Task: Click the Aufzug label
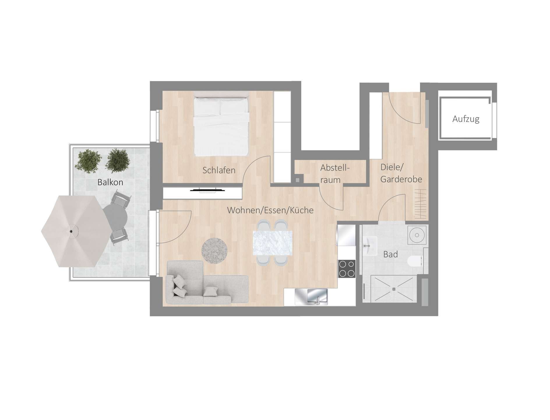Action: click(466, 119)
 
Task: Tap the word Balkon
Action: click(110, 183)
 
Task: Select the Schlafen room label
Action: click(219, 170)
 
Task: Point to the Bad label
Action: click(390, 255)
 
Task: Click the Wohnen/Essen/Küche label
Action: click(270, 210)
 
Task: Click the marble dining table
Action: click(272, 243)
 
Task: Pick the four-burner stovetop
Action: click(347, 268)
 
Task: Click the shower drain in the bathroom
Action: click(394, 289)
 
